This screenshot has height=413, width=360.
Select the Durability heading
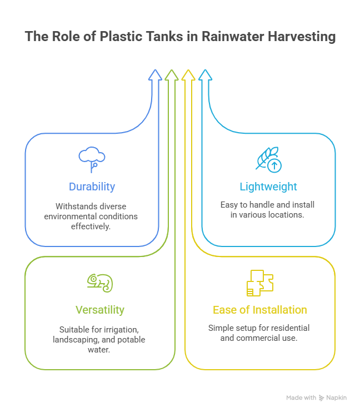(x=92, y=187)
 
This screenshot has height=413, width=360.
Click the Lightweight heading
(x=269, y=187)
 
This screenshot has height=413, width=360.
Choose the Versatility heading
(x=100, y=310)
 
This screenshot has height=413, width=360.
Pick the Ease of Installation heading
(x=260, y=310)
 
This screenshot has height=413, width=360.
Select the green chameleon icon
(x=100, y=283)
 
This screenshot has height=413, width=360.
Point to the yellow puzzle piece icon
(x=260, y=283)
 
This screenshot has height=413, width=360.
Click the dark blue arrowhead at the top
(x=154, y=75)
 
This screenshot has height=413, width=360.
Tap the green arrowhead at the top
(x=172, y=75)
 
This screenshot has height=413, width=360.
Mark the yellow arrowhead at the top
(x=188, y=75)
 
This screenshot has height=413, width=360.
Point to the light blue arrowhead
(x=205, y=75)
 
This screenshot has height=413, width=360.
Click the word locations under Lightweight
(x=284, y=214)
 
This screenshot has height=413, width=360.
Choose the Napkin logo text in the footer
(x=337, y=398)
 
